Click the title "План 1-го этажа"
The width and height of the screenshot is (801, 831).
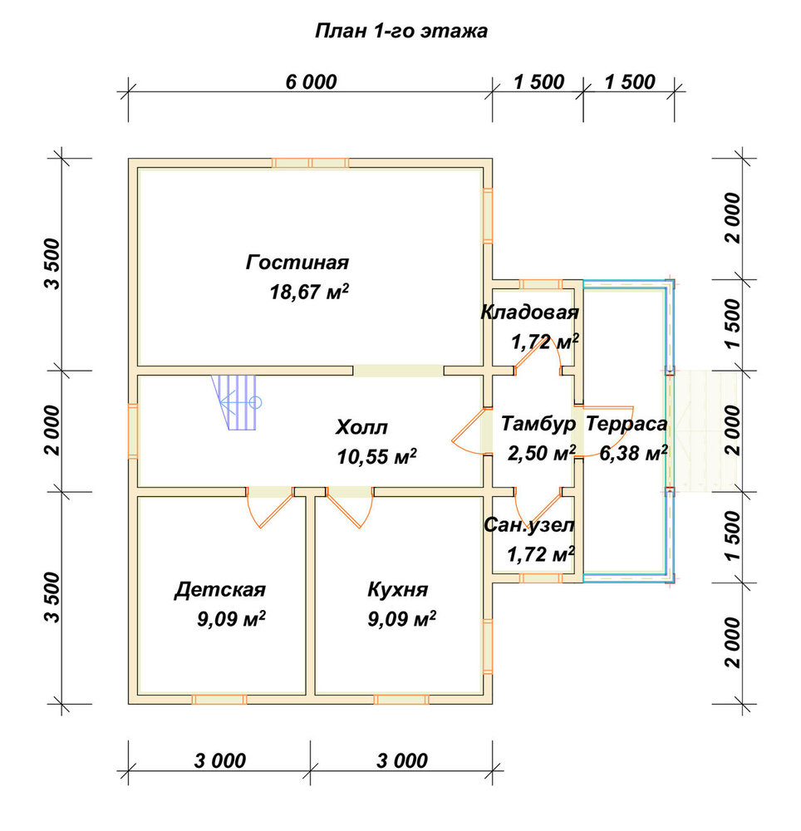click(401, 32)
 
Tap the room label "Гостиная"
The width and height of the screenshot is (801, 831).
click(297, 263)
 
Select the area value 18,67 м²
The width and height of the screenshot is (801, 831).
click(309, 292)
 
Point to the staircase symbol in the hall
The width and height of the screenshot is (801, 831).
click(236, 402)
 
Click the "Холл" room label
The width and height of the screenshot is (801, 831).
click(361, 427)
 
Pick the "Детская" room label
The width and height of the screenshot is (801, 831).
click(220, 589)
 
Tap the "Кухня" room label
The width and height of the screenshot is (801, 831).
click(397, 589)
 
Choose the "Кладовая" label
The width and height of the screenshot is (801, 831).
click(529, 312)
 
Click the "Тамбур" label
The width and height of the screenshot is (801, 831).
click(538, 424)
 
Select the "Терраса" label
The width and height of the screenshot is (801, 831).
click(627, 424)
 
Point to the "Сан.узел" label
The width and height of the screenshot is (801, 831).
click(528, 524)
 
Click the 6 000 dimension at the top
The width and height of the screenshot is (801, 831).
click(311, 82)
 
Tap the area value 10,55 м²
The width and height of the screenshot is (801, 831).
click(376, 456)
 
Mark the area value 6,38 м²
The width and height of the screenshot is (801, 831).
click(633, 453)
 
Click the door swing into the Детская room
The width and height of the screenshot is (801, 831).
click(270, 509)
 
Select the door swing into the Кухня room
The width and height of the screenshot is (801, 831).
click(350, 509)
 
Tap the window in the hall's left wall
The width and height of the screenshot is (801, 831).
click(133, 430)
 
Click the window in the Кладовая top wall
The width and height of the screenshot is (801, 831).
click(540, 284)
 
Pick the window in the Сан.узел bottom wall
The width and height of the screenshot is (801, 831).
click(540, 578)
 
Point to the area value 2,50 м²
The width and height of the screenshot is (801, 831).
click(542, 454)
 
